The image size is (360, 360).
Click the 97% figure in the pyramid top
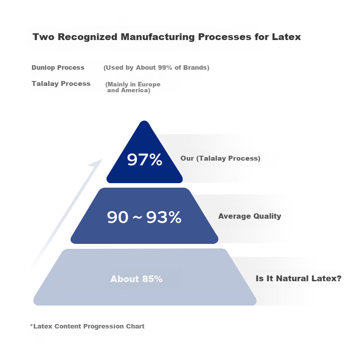144,160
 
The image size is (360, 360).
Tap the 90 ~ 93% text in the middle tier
144,217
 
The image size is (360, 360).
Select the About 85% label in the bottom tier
136,279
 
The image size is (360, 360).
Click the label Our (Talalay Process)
220,158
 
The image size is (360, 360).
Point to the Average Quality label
250,216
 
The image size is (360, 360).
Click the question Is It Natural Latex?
298,279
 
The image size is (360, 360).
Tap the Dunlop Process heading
58,67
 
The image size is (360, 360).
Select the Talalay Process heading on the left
61,84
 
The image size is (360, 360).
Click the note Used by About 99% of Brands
156,68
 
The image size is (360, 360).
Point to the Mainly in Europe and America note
133,87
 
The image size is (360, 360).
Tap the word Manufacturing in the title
158,37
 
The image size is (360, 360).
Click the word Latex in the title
286,37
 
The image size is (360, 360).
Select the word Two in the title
44,37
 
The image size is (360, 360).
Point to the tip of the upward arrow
103,159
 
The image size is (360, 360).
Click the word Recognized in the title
87,37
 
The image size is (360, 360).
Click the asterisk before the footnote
31,325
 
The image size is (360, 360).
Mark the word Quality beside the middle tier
267,216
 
